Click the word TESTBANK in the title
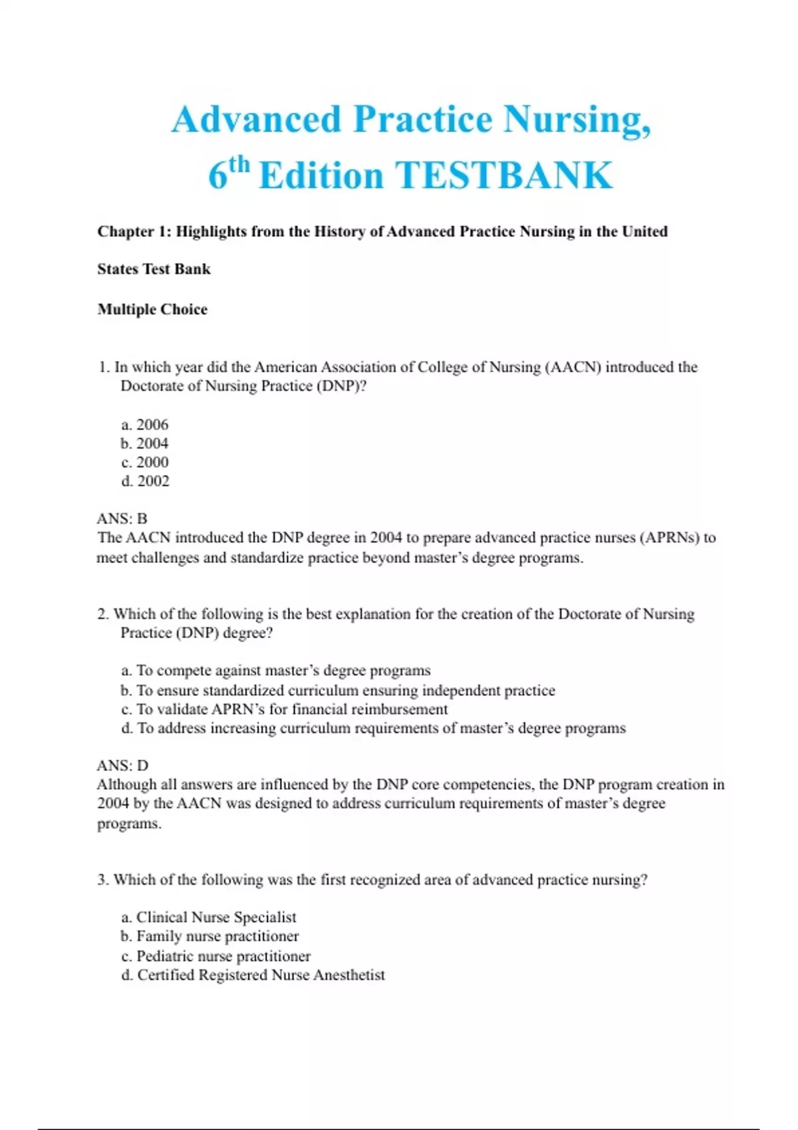tap(503, 175)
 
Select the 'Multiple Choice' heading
tap(152, 309)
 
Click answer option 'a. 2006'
tap(145, 424)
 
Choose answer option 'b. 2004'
tap(145, 443)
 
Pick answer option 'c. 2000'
tap(145, 462)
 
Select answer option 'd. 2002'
tap(145, 481)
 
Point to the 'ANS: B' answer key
tap(122, 518)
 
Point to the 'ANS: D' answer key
tap(122, 765)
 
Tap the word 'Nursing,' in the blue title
tap(577, 120)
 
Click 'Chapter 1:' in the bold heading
tap(134, 231)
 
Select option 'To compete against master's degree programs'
tap(276, 670)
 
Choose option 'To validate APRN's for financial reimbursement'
tap(285, 709)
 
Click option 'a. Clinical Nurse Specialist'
tap(209, 917)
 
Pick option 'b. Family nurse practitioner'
tap(209, 936)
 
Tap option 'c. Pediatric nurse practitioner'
tap(215, 956)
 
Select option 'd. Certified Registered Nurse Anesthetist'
tap(253, 974)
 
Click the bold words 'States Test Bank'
tap(154, 269)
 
